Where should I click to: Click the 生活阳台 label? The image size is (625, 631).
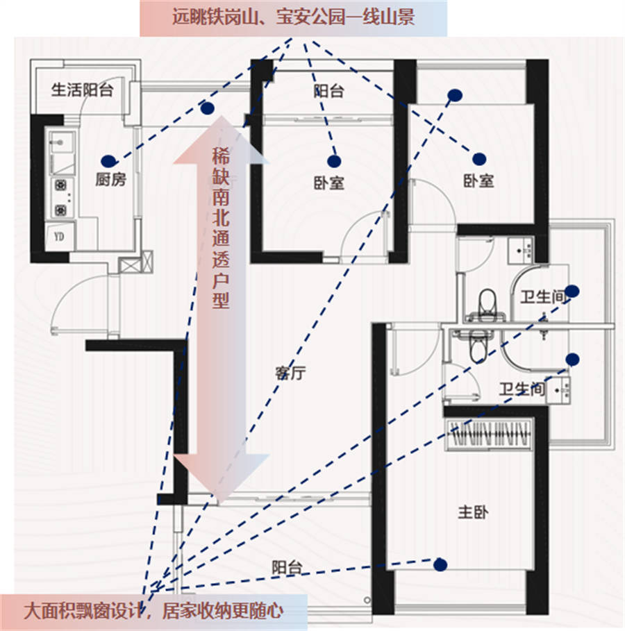(x=82, y=90)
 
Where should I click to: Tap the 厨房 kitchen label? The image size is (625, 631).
(x=110, y=179)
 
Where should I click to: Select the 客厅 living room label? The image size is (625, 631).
(x=290, y=373)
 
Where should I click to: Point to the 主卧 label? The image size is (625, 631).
(x=473, y=512)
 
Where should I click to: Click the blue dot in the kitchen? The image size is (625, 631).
(x=108, y=161)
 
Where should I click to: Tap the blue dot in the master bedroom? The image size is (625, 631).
(x=440, y=564)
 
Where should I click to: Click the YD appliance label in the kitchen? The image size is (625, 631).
(x=59, y=237)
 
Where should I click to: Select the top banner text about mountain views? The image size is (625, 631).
(x=294, y=17)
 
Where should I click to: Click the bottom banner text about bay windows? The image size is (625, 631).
(x=153, y=612)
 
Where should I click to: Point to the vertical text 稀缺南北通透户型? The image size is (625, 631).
(x=221, y=228)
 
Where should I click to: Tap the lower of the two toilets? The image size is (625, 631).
(x=478, y=346)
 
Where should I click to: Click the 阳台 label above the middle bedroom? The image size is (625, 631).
(x=328, y=91)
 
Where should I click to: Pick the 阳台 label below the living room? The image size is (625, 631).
(x=287, y=568)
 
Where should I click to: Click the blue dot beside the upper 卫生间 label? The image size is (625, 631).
(x=572, y=291)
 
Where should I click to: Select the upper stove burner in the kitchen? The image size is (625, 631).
(x=61, y=185)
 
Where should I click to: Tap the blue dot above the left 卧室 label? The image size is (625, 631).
(x=334, y=161)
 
